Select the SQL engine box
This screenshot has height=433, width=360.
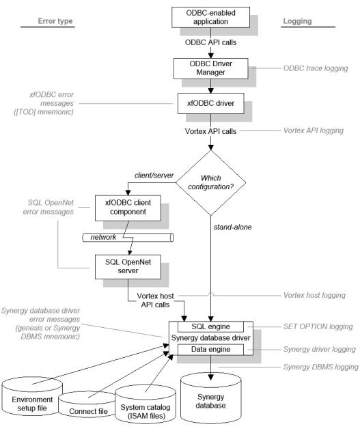click(x=210, y=326)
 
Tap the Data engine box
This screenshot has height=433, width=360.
click(x=210, y=348)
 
